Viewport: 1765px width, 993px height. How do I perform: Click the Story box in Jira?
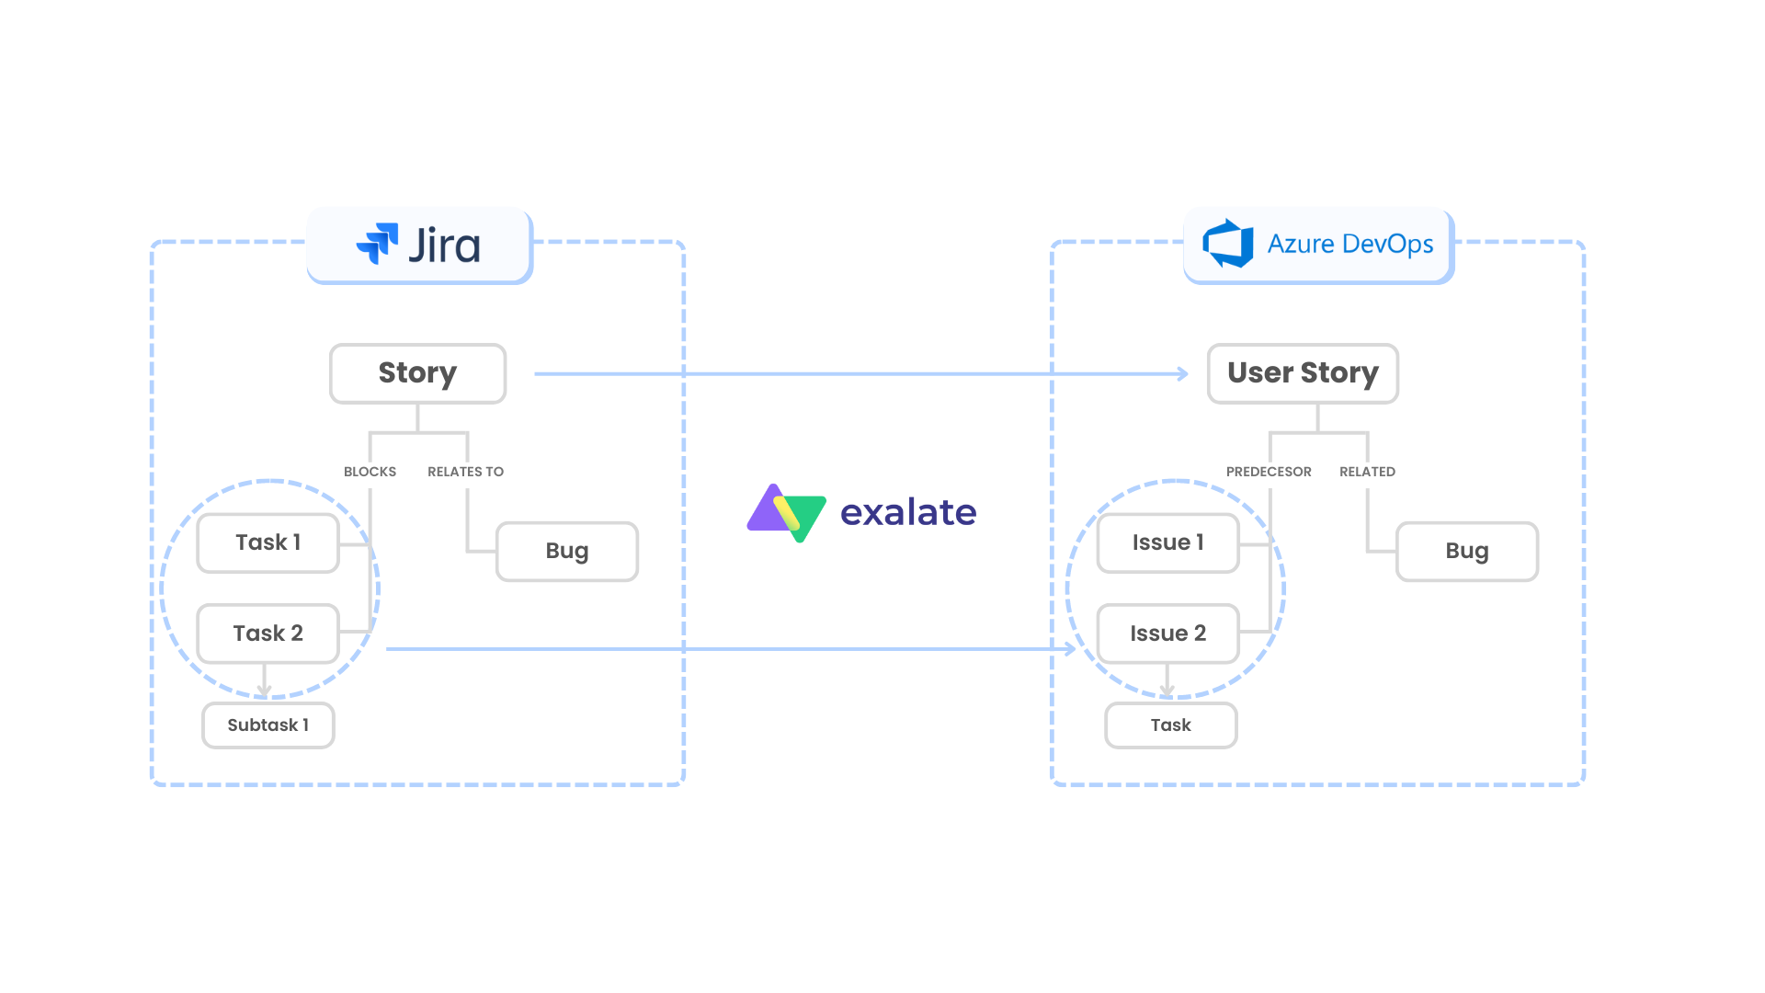click(x=417, y=373)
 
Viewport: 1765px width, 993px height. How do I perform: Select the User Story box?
click(x=1303, y=373)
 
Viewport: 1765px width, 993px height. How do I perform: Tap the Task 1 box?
click(x=268, y=542)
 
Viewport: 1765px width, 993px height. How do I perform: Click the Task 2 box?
click(x=268, y=633)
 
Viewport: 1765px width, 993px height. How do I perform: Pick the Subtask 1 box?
click(x=268, y=725)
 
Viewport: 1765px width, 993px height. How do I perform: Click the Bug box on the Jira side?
click(x=566, y=552)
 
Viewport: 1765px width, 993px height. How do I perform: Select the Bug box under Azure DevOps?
click(x=1466, y=552)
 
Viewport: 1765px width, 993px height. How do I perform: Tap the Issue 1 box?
click(x=1167, y=542)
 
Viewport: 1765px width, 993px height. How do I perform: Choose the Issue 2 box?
click(x=1167, y=633)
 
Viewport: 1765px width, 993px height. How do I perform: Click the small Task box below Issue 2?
click(x=1170, y=725)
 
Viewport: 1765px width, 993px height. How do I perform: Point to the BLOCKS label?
click(x=370, y=472)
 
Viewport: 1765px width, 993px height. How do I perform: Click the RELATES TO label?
click(x=465, y=472)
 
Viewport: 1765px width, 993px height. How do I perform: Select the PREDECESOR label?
click(x=1269, y=472)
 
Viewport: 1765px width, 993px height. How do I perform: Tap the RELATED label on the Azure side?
click(x=1367, y=472)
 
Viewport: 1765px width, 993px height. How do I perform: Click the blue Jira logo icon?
click(x=378, y=244)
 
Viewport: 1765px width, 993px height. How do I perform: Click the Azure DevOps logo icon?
click(x=1229, y=244)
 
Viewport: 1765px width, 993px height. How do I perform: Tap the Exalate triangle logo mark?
click(x=787, y=512)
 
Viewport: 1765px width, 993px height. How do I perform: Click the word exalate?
click(x=908, y=512)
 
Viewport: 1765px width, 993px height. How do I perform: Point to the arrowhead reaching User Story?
click(x=1183, y=374)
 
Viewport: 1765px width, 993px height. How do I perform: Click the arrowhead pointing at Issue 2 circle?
click(x=1070, y=649)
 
